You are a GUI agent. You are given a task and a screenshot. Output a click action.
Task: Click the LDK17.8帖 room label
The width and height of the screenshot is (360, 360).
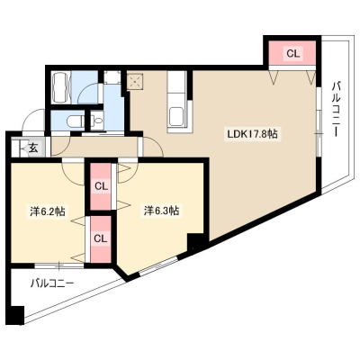point(252,134)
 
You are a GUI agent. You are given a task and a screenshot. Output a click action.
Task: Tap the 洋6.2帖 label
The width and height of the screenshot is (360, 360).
point(47,211)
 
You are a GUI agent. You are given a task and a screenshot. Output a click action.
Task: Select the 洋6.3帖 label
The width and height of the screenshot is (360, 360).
point(161,211)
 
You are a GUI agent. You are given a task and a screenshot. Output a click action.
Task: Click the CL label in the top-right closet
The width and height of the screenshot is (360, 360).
point(292,53)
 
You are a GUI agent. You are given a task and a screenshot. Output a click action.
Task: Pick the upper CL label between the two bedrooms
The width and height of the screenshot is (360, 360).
point(101,186)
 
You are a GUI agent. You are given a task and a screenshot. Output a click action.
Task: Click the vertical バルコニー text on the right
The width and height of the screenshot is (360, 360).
point(336,109)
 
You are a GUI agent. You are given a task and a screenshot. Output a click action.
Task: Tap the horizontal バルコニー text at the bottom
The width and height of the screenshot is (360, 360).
point(52,283)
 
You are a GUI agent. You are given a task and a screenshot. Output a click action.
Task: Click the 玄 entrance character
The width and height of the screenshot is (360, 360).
point(33,148)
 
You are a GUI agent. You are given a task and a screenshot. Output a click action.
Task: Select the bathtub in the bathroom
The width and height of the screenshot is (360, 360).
point(61,87)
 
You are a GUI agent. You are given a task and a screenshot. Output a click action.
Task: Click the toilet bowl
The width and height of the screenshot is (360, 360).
point(74,121)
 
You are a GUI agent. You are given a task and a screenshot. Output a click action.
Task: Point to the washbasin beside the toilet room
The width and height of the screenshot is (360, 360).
point(97,121)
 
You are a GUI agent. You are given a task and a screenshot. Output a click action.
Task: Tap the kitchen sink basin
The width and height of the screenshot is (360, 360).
point(177,117)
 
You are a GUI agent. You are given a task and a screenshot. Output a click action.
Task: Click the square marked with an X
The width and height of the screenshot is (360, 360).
point(135,81)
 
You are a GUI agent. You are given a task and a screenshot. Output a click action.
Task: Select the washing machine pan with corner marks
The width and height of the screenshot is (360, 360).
point(112,77)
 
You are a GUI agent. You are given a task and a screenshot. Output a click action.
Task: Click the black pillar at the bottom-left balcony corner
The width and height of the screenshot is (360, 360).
point(16,315)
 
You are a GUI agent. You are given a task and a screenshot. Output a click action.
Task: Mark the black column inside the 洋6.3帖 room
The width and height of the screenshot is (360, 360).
point(195,242)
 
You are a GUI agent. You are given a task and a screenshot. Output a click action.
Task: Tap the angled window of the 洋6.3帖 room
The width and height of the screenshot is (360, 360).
point(159,266)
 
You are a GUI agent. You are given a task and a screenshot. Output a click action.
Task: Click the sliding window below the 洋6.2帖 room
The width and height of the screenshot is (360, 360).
point(59,265)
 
